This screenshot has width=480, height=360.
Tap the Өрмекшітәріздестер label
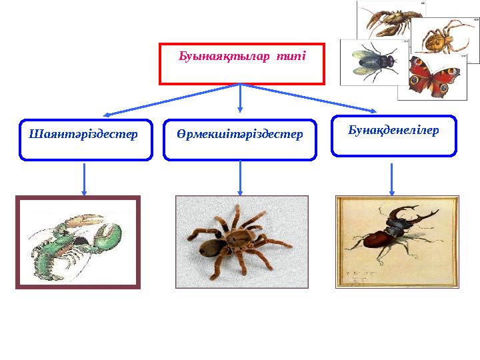240,134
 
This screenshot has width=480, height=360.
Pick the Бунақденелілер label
393,131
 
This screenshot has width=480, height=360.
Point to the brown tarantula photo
241,241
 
